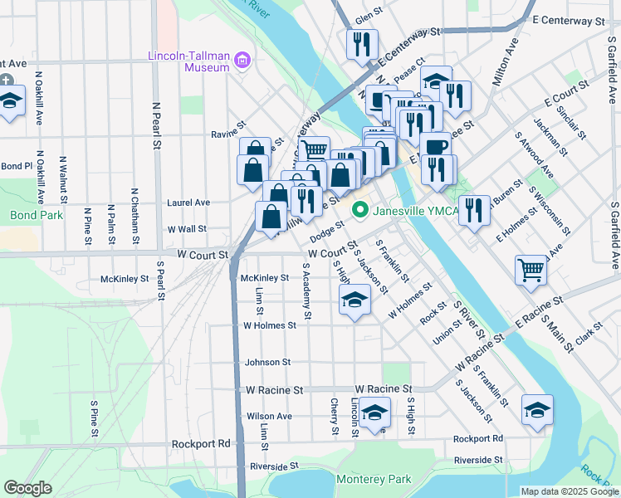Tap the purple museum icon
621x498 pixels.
242,59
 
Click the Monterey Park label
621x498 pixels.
374,480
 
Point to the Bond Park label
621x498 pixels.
24,215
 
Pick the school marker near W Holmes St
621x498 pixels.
355,300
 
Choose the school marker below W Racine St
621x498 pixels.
375,413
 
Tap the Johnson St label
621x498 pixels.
267,363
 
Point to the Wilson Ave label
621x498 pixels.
269,417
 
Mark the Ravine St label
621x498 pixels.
229,133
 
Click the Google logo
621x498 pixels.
27,488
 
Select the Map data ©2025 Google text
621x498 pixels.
569,491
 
